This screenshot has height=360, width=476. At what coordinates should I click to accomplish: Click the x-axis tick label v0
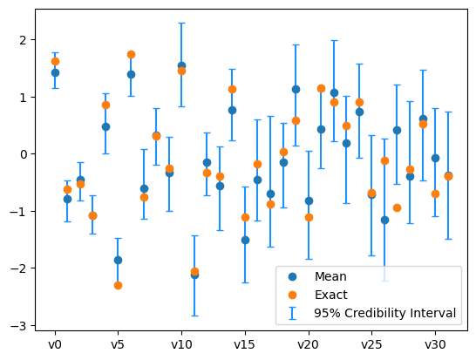pos(55,344)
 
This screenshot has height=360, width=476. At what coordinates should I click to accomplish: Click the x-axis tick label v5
pos(118,344)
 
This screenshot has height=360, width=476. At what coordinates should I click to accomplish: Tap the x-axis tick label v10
pos(181,344)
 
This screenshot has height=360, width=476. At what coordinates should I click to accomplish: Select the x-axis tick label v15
pos(245,344)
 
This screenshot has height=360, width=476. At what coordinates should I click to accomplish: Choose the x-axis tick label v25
pos(371,344)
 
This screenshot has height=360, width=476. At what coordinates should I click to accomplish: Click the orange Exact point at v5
pos(118,285)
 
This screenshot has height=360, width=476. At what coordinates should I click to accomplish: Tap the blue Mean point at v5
pos(118,260)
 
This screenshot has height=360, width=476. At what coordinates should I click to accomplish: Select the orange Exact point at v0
pos(55,61)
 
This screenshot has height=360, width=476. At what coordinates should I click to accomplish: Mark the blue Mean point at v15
pos(245,240)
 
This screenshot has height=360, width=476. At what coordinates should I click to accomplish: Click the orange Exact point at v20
pos(309,217)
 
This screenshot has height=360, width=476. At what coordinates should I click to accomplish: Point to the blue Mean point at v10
pos(181,65)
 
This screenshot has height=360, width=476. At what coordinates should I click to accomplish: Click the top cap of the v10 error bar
pos(181,23)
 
